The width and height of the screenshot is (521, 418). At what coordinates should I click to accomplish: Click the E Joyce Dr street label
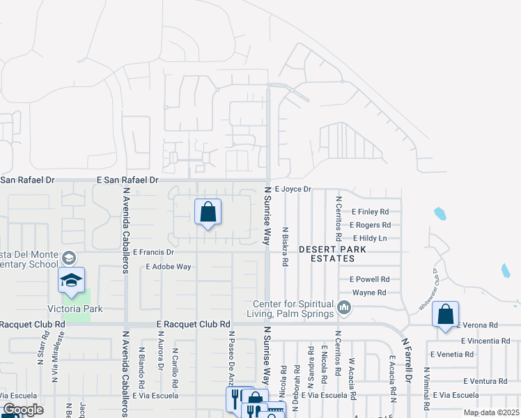click(x=293, y=189)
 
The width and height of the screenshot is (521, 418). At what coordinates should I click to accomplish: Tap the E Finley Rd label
click(x=370, y=211)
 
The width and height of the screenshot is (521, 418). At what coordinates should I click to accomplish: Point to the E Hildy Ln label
click(x=369, y=238)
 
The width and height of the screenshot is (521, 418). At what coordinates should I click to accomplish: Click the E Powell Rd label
click(x=370, y=279)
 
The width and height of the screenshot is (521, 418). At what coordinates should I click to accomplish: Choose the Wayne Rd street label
click(x=369, y=293)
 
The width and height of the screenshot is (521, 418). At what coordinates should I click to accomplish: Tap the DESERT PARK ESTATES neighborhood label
click(x=332, y=254)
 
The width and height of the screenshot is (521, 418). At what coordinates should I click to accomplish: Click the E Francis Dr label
click(x=155, y=251)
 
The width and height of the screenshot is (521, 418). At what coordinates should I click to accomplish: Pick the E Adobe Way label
click(x=169, y=266)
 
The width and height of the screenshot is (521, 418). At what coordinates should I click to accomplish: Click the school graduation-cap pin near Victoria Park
click(x=71, y=280)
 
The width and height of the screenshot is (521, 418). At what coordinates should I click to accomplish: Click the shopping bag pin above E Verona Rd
click(x=445, y=314)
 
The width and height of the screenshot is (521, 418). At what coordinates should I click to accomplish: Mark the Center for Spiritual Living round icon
click(x=343, y=307)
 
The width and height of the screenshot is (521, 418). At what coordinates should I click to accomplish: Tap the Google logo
click(x=23, y=410)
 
